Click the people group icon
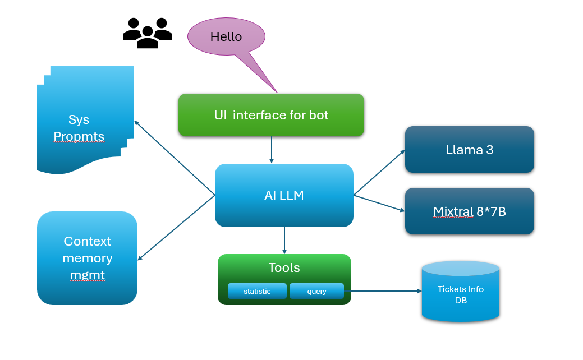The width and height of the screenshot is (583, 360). point(147,33)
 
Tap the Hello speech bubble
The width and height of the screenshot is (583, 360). point(226,36)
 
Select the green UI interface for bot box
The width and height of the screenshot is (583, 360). point(271,115)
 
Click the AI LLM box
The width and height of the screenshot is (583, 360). point(284,195)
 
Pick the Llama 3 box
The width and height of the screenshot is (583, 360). point(469,150)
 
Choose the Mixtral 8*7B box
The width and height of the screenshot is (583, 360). point(469,211)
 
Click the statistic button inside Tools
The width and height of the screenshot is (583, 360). point(257,291)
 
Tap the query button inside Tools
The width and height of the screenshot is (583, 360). point(316,291)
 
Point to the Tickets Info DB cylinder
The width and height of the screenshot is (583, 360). point(460,292)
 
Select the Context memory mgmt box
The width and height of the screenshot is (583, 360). point(87,258)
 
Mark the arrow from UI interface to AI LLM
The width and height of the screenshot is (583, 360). point(272,150)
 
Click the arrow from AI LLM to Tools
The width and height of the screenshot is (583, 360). point(284,240)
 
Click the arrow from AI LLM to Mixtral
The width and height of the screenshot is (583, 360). point(379,203)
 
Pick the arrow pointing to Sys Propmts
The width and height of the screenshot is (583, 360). point(175,158)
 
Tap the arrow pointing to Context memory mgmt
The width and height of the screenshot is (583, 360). point(176,228)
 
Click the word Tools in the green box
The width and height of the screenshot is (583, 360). point(284,268)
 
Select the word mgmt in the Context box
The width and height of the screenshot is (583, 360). point(87,275)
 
